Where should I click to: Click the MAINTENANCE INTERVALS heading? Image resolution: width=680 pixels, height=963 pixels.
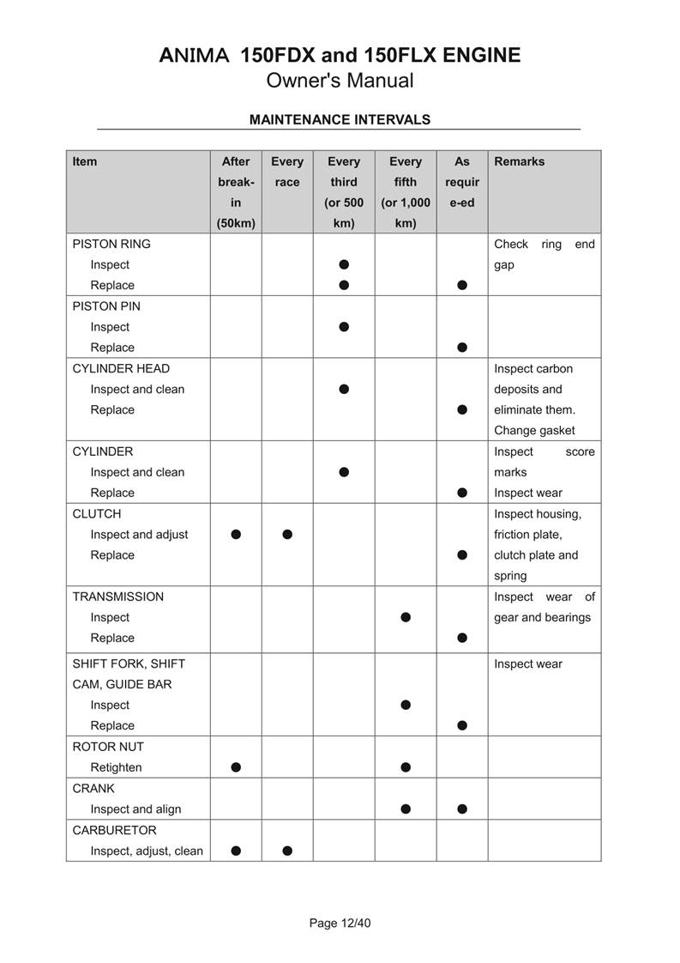pyautogui.click(x=340, y=119)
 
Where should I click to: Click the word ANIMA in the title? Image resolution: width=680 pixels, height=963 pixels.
pyautogui.click(x=194, y=56)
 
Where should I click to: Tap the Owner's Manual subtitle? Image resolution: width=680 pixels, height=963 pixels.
pyautogui.click(x=340, y=81)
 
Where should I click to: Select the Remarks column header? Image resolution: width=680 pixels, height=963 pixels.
pyautogui.click(x=519, y=161)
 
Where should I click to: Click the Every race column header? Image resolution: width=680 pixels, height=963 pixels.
pyautogui.click(x=287, y=171)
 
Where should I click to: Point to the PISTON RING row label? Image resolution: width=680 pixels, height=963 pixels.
pyautogui.click(x=111, y=244)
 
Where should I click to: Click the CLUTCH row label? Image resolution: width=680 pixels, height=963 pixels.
pyautogui.click(x=97, y=513)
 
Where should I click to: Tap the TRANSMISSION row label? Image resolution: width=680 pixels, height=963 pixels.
pyautogui.click(x=117, y=597)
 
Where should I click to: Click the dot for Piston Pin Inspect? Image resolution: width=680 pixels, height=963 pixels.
pyautogui.click(x=344, y=327)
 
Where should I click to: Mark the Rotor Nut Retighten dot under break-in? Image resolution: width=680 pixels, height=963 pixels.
pyautogui.click(x=236, y=767)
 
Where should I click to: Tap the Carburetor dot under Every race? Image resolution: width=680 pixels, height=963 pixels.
pyautogui.click(x=287, y=851)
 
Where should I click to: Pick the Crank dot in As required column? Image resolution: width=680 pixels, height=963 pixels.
pyautogui.click(x=462, y=809)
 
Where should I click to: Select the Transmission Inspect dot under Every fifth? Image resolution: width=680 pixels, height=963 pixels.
pyautogui.click(x=406, y=617)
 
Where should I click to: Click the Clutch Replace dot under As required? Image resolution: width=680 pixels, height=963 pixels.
pyautogui.click(x=462, y=555)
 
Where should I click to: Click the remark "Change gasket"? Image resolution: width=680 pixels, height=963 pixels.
pyautogui.click(x=534, y=431)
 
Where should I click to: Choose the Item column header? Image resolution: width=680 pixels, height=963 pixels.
pyautogui.click(x=85, y=161)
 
